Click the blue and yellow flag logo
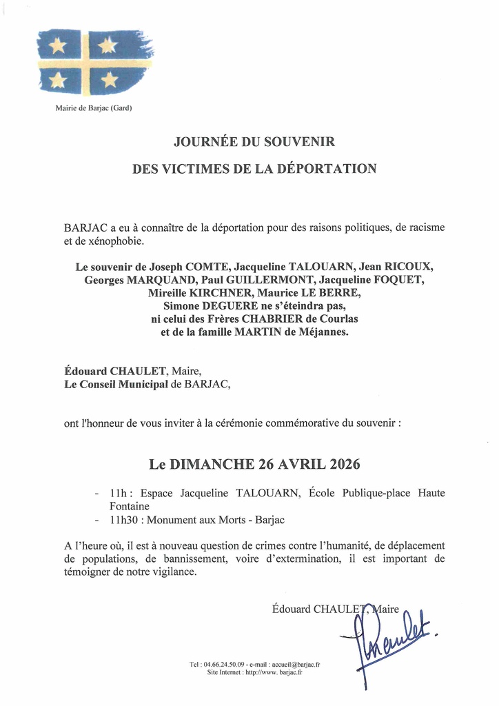95,62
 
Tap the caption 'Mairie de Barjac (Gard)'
93,108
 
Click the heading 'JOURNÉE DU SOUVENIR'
254,142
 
